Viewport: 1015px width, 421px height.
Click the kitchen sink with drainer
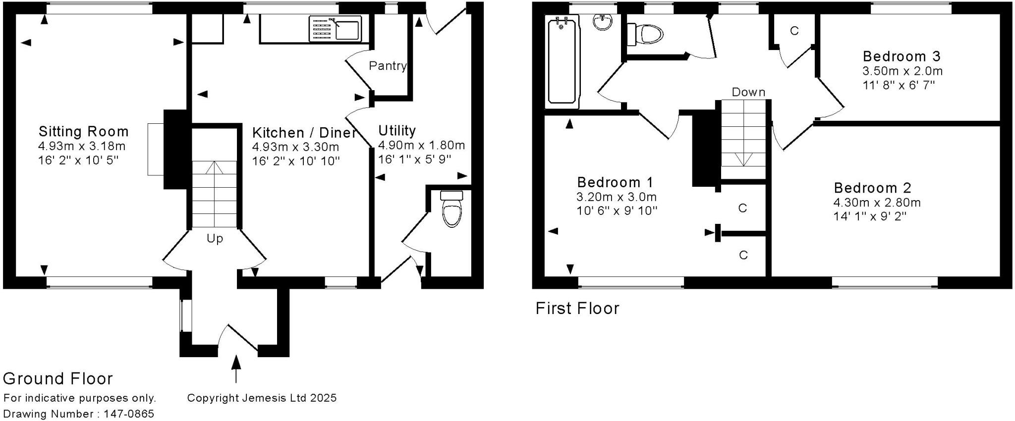point(335,28)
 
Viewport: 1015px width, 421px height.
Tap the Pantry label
point(388,66)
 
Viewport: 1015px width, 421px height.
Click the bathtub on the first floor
point(563,60)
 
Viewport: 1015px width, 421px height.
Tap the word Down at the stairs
point(748,92)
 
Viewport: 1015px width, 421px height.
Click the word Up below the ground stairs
point(215,239)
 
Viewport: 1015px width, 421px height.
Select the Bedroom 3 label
point(902,56)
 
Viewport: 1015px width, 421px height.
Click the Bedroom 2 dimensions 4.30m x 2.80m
point(877,203)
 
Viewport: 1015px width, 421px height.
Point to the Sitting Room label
point(83,132)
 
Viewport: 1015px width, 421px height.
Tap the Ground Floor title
point(58,379)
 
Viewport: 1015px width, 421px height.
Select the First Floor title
point(577,309)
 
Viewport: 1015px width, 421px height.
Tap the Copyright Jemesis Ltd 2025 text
point(262,398)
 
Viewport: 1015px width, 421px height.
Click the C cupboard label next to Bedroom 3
point(794,31)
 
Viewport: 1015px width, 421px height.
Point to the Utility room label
point(397,131)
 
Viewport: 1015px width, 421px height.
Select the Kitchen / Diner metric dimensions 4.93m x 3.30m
point(295,147)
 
